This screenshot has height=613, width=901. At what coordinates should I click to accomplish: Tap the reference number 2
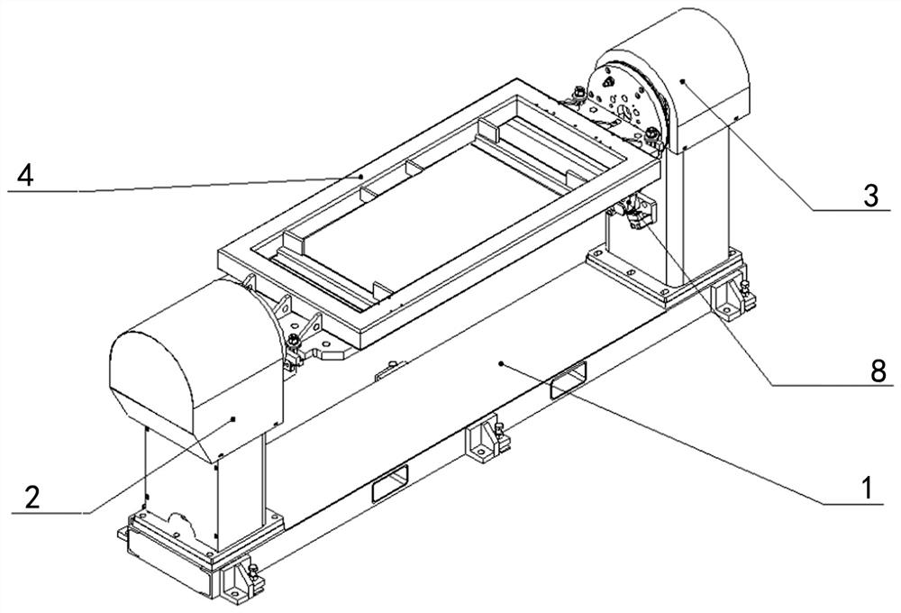(x=32, y=497)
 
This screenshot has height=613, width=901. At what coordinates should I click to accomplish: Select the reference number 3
(x=869, y=196)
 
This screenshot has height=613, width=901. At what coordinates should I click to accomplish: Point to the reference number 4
(x=26, y=175)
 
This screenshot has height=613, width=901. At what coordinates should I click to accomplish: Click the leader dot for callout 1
(x=502, y=363)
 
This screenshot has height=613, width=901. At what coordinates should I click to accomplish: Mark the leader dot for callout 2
(x=232, y=418)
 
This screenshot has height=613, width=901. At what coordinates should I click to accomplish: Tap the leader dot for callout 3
(x=682, y=82)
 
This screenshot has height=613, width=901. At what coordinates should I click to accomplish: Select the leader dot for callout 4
(x=361, y=177)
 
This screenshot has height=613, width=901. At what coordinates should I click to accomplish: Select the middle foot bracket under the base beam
(x=487, y=439)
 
